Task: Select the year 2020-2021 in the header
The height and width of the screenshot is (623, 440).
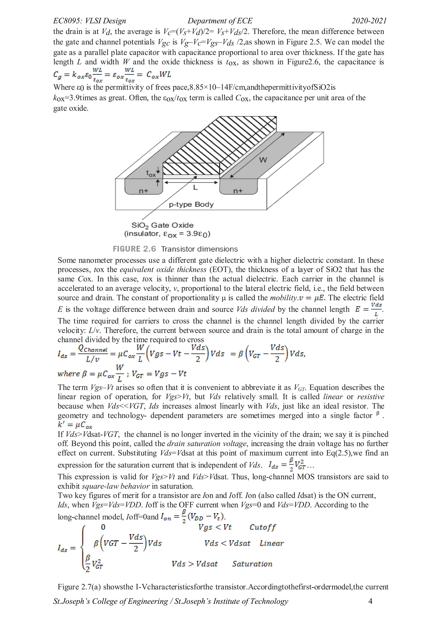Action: click(369, 21)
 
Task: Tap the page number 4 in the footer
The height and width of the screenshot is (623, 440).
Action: click(370, 601)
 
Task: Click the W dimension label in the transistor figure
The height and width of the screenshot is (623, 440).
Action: click(263, 160)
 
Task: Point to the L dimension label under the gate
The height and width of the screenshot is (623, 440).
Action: click(195, 188)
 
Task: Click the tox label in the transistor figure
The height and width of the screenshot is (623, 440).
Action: click(151, 173)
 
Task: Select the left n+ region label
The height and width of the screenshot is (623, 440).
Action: click(144, 191)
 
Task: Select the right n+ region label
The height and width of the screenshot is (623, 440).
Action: click(238, 191)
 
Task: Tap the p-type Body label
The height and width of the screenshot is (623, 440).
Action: click(191, 204)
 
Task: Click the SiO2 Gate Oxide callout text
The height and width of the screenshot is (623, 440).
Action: click(162, 225)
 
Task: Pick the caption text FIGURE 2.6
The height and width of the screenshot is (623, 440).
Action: click(134, 249)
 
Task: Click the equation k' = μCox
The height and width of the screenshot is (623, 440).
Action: click(75, 425)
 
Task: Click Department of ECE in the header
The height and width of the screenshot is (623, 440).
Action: click(220, 21)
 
